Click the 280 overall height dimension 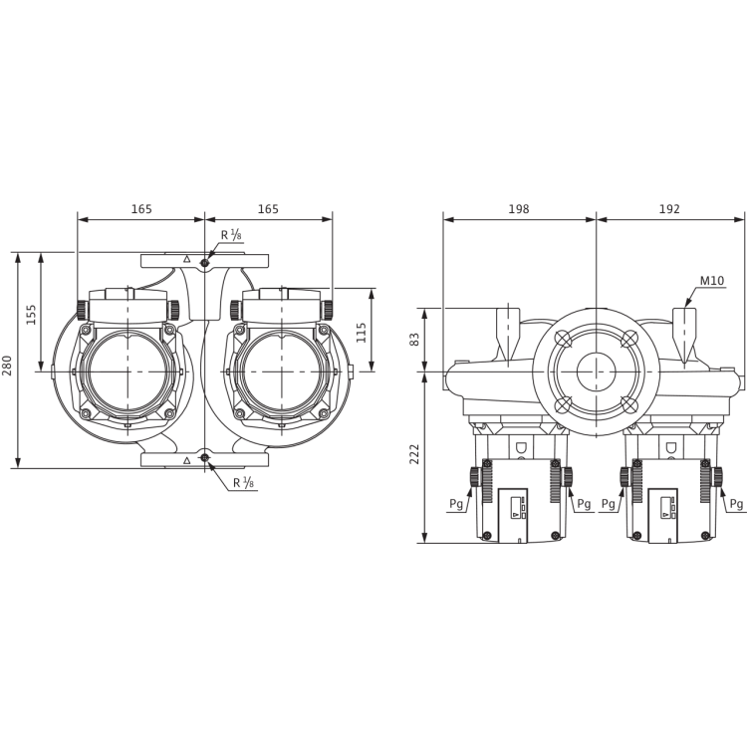click(x=8, y=359)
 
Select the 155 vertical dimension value click(x=31, y=315)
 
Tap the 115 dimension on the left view click(x=362, y=332)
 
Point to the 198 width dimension click(x=519, y=209)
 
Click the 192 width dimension click(x=669, y=209)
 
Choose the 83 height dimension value click(x=415, y=340)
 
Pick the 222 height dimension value click(x=415, y=454)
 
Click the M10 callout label click(x=712, y=281)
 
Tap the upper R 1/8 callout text click(x=231, y=235)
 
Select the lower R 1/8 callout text click(x=243, y=483)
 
